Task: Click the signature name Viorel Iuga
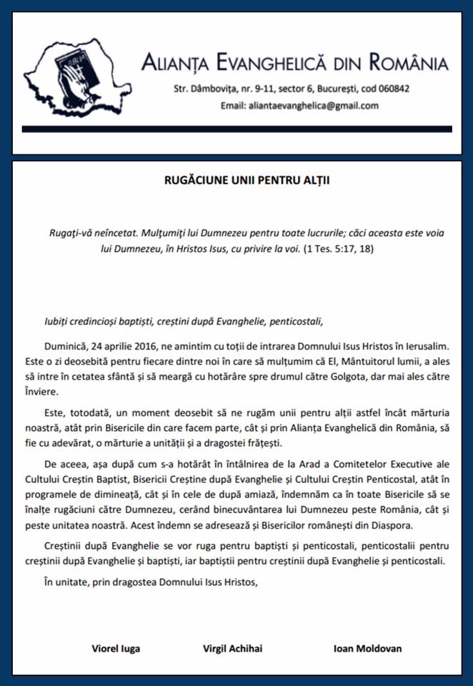[116, 649]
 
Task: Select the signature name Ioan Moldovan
[367, 649]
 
